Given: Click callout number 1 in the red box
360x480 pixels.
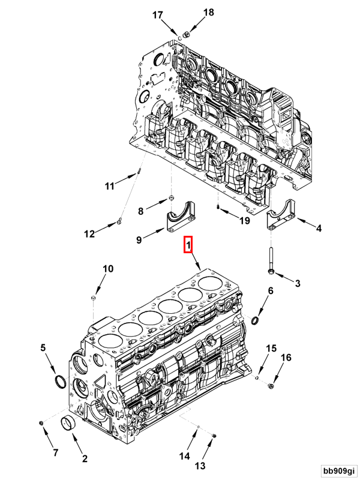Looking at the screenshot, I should [x=188, y=245].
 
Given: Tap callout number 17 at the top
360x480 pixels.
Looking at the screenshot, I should [x=157, y=16].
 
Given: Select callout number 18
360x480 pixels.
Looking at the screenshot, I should [x=191, y=12].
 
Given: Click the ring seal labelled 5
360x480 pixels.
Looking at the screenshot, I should [x=61, y=382].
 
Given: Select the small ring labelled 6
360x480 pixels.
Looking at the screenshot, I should [x=256, y=321].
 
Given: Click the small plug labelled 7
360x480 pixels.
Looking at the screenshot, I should [x=41, y=425].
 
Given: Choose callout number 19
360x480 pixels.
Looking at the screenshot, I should [x=244, y=221].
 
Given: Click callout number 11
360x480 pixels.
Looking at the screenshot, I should [x=109, y=186].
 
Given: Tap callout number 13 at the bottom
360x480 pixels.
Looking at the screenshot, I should [x=199, y=466].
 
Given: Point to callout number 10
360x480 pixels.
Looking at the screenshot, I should [x=106, y=269].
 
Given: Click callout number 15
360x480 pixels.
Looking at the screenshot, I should [x=271, y=348].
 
